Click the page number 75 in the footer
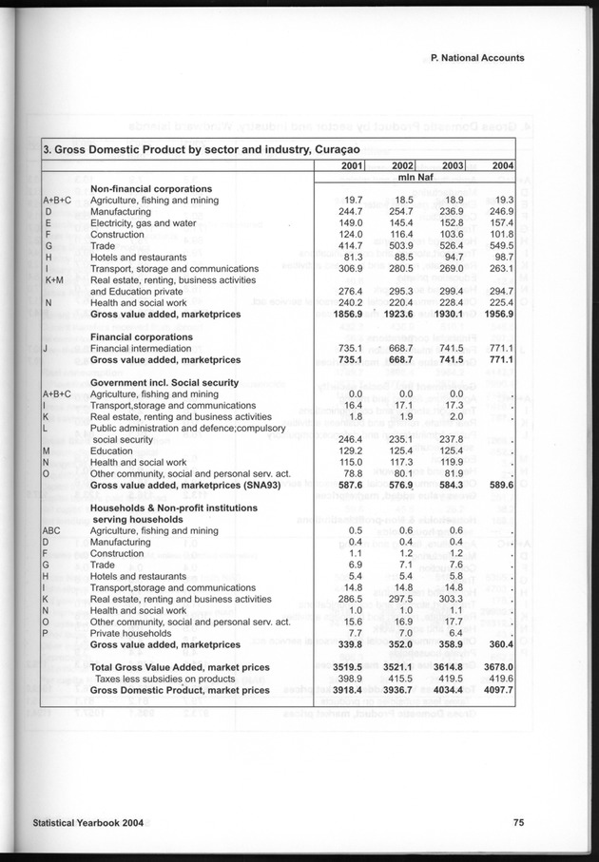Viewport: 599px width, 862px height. pyautogui.click(x=518, y=823)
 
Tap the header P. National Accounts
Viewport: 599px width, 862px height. pyautogui.click(x=477, y=58)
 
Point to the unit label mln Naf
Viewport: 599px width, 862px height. pyautogui.click(x=414, y=178)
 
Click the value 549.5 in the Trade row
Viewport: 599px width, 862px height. pyautogui.click(x=499, y=246)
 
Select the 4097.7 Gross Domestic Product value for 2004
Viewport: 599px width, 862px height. pyautogui.click(x=497, y=690)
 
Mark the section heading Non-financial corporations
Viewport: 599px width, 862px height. pyautogui.click(x=150, y=189)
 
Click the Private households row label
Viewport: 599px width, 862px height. pyautogui.click(x=133, y=633)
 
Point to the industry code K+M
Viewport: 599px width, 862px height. pyautogui.click(x=53, y=280)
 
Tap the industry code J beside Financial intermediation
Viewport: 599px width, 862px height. pyautogui.click(x=46, y=349)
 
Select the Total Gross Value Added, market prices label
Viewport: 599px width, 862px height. pyautogui.click(x=181, y=667)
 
